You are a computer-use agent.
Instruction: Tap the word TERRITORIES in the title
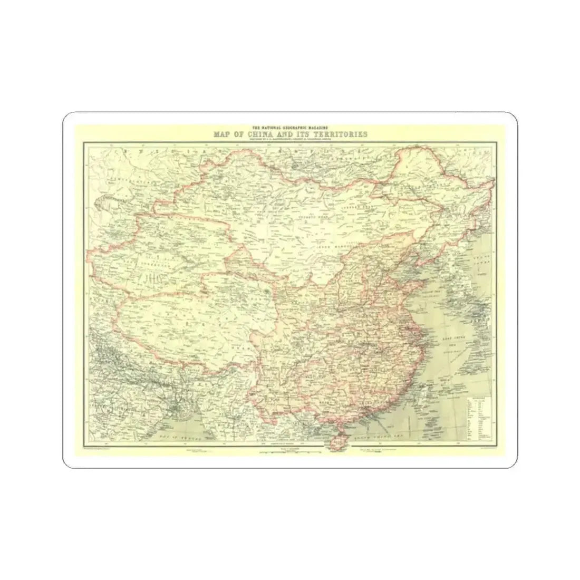click(x=340, y=135)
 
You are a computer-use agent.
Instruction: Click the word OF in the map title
click(x=239, y=135)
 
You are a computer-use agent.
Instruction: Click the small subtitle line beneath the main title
click(x=289, y=140)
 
